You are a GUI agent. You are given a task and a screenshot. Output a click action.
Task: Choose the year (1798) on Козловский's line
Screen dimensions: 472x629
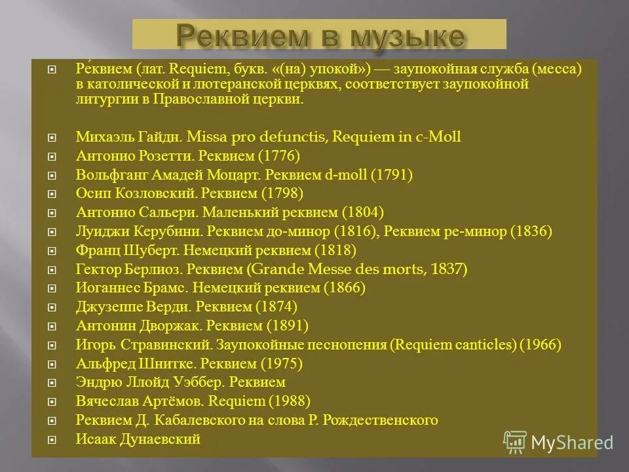tap(282, 194)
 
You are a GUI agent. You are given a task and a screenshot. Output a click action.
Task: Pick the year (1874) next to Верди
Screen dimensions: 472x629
tap(276, 307)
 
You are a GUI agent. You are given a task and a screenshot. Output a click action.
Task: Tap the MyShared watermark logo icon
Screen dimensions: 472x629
tap(515, 442)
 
